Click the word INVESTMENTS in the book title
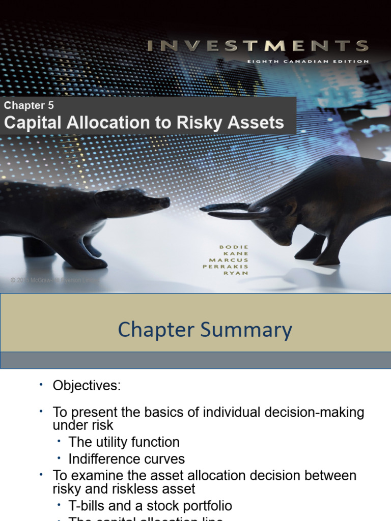[258, 46]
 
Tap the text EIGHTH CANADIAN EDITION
[309, 62]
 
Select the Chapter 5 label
[29, 106]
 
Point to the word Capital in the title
[31, 123]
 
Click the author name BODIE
[235, 247]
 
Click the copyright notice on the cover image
[51, 280]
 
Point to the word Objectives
[87, 386]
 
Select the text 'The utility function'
[124, 442]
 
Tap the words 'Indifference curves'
[127, 459]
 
